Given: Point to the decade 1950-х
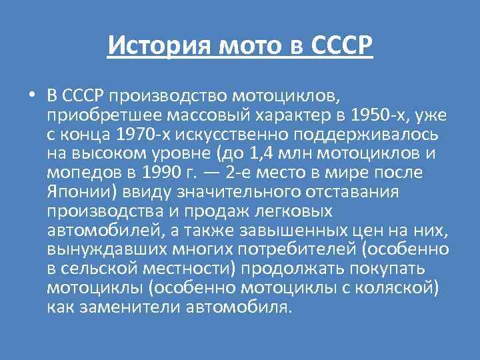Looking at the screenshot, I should pos(374,115).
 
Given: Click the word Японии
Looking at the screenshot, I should pos(75,193).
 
